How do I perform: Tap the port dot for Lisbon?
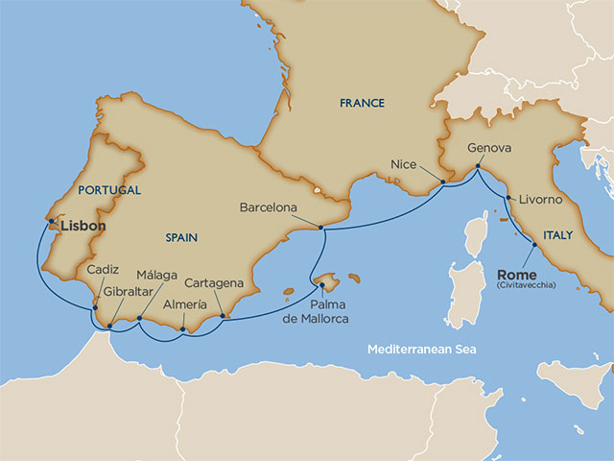[50, 221]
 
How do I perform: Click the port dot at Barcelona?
[320, 228]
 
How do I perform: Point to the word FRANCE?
[362, 103]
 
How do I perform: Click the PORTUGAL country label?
[109, 190]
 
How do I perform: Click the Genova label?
[489, 149]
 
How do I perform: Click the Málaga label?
[156, 275]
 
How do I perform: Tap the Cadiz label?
[103, 270]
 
